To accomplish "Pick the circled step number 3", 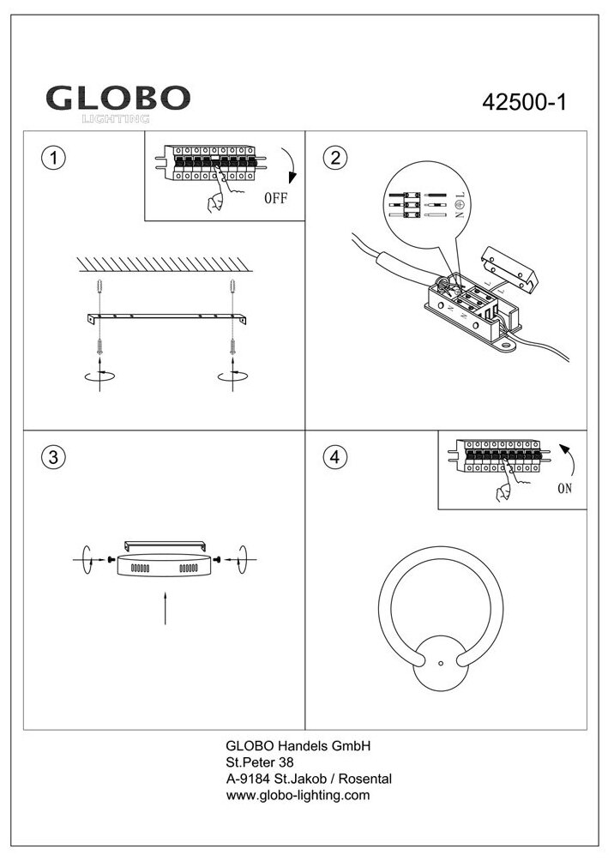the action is point(53,457).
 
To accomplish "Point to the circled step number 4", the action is point(334,457).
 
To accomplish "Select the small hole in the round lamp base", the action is point(441,663).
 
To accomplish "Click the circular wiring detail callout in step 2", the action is point(426,203).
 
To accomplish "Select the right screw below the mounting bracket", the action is point(232,347).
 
